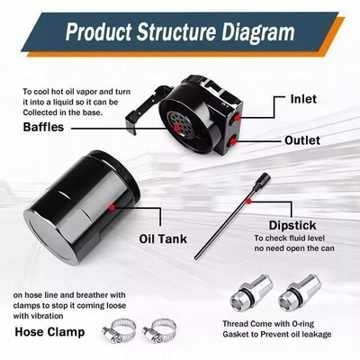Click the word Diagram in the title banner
click(258, 32)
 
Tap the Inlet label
click(303, 99)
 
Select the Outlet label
click(302, 140)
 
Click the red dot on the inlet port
click(238, 118)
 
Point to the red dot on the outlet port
click(233, 140)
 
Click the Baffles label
click(43, 127)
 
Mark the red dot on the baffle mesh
click(177, 129)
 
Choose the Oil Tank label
click(163, 238)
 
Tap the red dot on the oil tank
click(112, 207)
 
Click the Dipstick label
click(292, 226)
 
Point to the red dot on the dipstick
click(248, 202)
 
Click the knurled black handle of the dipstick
click(262, 182)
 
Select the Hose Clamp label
click(49, 332)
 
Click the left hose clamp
click(119, 331)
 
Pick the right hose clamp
click(159, 330)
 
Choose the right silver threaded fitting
click(300, 292)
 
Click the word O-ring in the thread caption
click(302, 324)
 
